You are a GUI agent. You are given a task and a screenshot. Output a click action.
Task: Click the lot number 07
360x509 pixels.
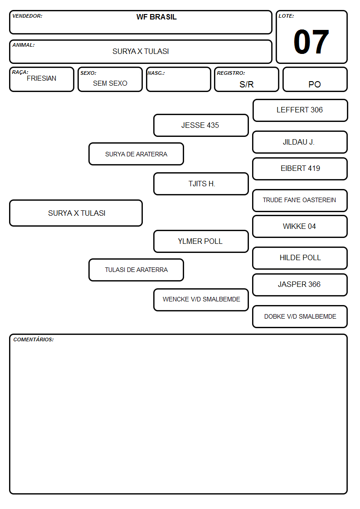311,42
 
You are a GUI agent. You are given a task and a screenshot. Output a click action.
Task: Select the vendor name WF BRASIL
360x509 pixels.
156,17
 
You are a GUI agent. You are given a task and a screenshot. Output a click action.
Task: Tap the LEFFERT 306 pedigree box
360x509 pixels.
300,111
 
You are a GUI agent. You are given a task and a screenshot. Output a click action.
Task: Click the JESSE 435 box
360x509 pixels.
201,125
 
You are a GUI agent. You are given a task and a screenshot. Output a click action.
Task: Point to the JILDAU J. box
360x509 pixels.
300,142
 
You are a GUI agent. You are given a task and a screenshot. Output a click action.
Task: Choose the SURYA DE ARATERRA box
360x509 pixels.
136,154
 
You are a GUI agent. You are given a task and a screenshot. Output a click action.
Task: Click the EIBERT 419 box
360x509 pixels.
300,169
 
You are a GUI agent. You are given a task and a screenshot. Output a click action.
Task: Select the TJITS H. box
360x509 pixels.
201,184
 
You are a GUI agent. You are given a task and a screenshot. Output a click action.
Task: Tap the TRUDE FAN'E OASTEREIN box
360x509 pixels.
300,200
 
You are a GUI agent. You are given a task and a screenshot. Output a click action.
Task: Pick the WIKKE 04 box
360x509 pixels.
300,226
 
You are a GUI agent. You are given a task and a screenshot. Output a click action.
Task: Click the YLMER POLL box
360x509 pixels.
201,241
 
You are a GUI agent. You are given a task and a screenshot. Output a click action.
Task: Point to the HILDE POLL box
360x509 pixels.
300,258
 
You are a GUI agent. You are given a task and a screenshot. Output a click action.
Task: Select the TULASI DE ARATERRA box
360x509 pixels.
136,270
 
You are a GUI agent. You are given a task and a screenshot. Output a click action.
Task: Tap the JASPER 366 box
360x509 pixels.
300,285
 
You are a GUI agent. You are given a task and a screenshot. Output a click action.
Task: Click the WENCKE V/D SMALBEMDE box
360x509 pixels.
201,300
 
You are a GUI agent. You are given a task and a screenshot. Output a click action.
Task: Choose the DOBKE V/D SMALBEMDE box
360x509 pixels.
300,316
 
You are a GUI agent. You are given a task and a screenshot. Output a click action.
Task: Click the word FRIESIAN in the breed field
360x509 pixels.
42,78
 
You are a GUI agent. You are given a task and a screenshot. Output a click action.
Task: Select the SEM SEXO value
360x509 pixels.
110,83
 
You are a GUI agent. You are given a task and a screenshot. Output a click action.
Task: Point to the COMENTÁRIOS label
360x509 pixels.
34,339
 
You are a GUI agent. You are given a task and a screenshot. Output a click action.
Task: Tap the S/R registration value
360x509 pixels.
246,84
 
